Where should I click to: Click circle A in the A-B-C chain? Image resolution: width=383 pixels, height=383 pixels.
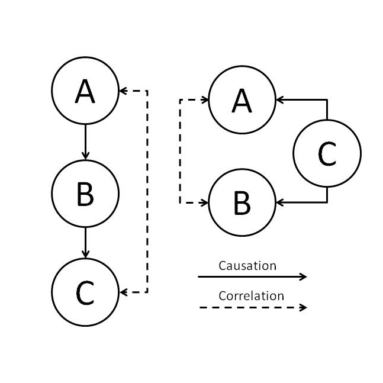click(x=85, y=91)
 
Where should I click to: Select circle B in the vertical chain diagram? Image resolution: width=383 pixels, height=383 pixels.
click(x=85, y=193)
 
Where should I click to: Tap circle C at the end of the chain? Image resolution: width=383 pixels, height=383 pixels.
click(x=85, y=292)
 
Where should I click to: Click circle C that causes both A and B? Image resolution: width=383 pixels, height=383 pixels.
click(x=327, y=153)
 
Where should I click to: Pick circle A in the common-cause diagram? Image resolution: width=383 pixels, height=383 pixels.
click(x=242, y=99)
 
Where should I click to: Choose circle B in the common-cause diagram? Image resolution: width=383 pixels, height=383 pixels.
click(x=242, y=202)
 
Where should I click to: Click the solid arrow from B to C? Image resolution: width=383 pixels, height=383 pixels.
click(x=85, y=243)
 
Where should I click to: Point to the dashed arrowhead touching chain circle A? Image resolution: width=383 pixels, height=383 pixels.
click(x=123, y=91)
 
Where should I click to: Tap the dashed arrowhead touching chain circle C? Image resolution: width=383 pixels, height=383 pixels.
click(x=123, y=292)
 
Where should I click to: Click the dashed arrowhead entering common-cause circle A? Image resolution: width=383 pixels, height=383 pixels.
click(x=205, y=99)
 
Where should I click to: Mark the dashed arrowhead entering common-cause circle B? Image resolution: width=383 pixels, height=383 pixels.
click(x=205, y=202)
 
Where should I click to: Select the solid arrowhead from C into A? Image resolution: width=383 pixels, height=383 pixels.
click(x=279, y=99)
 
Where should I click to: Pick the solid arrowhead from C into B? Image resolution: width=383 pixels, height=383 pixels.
click(x=279, y=202)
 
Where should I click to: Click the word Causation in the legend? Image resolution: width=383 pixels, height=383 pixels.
click(x=247, y=266)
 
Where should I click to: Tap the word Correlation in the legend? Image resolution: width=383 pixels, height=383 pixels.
click(x=251, y=296)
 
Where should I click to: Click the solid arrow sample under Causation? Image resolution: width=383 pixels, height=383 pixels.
click(x=252, y=276)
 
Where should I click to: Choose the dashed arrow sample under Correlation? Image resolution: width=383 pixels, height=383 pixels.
click(x=252, y=307)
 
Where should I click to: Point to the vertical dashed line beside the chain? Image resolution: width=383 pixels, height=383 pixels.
click(x=147, y=192)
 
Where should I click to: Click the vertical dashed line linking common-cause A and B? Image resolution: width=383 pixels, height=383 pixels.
click(x=180, y=151)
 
